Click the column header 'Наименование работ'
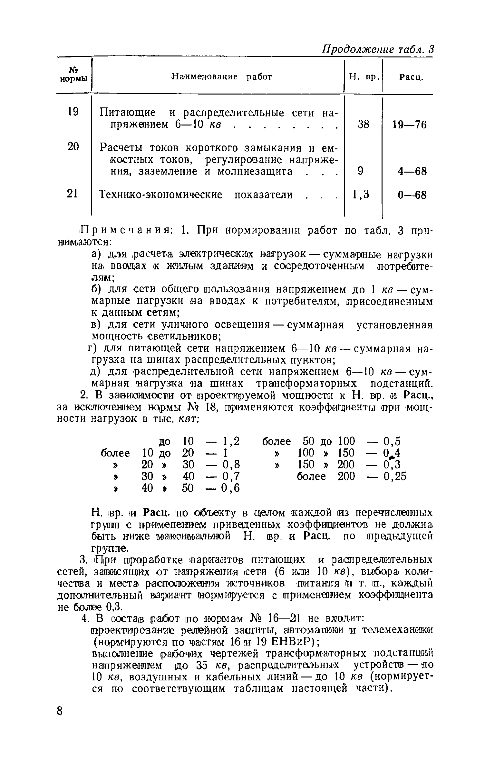(x=222, y=77)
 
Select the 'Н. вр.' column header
(x=363, y=77)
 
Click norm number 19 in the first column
(x=73, y=112)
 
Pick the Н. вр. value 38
(x=363, y=124)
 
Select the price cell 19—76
(x=410, y=125)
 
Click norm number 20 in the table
(x=73, y=147)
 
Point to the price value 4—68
(x=412, y=171)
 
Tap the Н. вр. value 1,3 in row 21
(x=361, y=195)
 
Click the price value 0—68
(x=412, y=195)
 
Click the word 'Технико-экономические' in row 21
(x=160, y=195)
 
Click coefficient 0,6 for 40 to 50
(x=231, y=488)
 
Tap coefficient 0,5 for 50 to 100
(x=392, y=441)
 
